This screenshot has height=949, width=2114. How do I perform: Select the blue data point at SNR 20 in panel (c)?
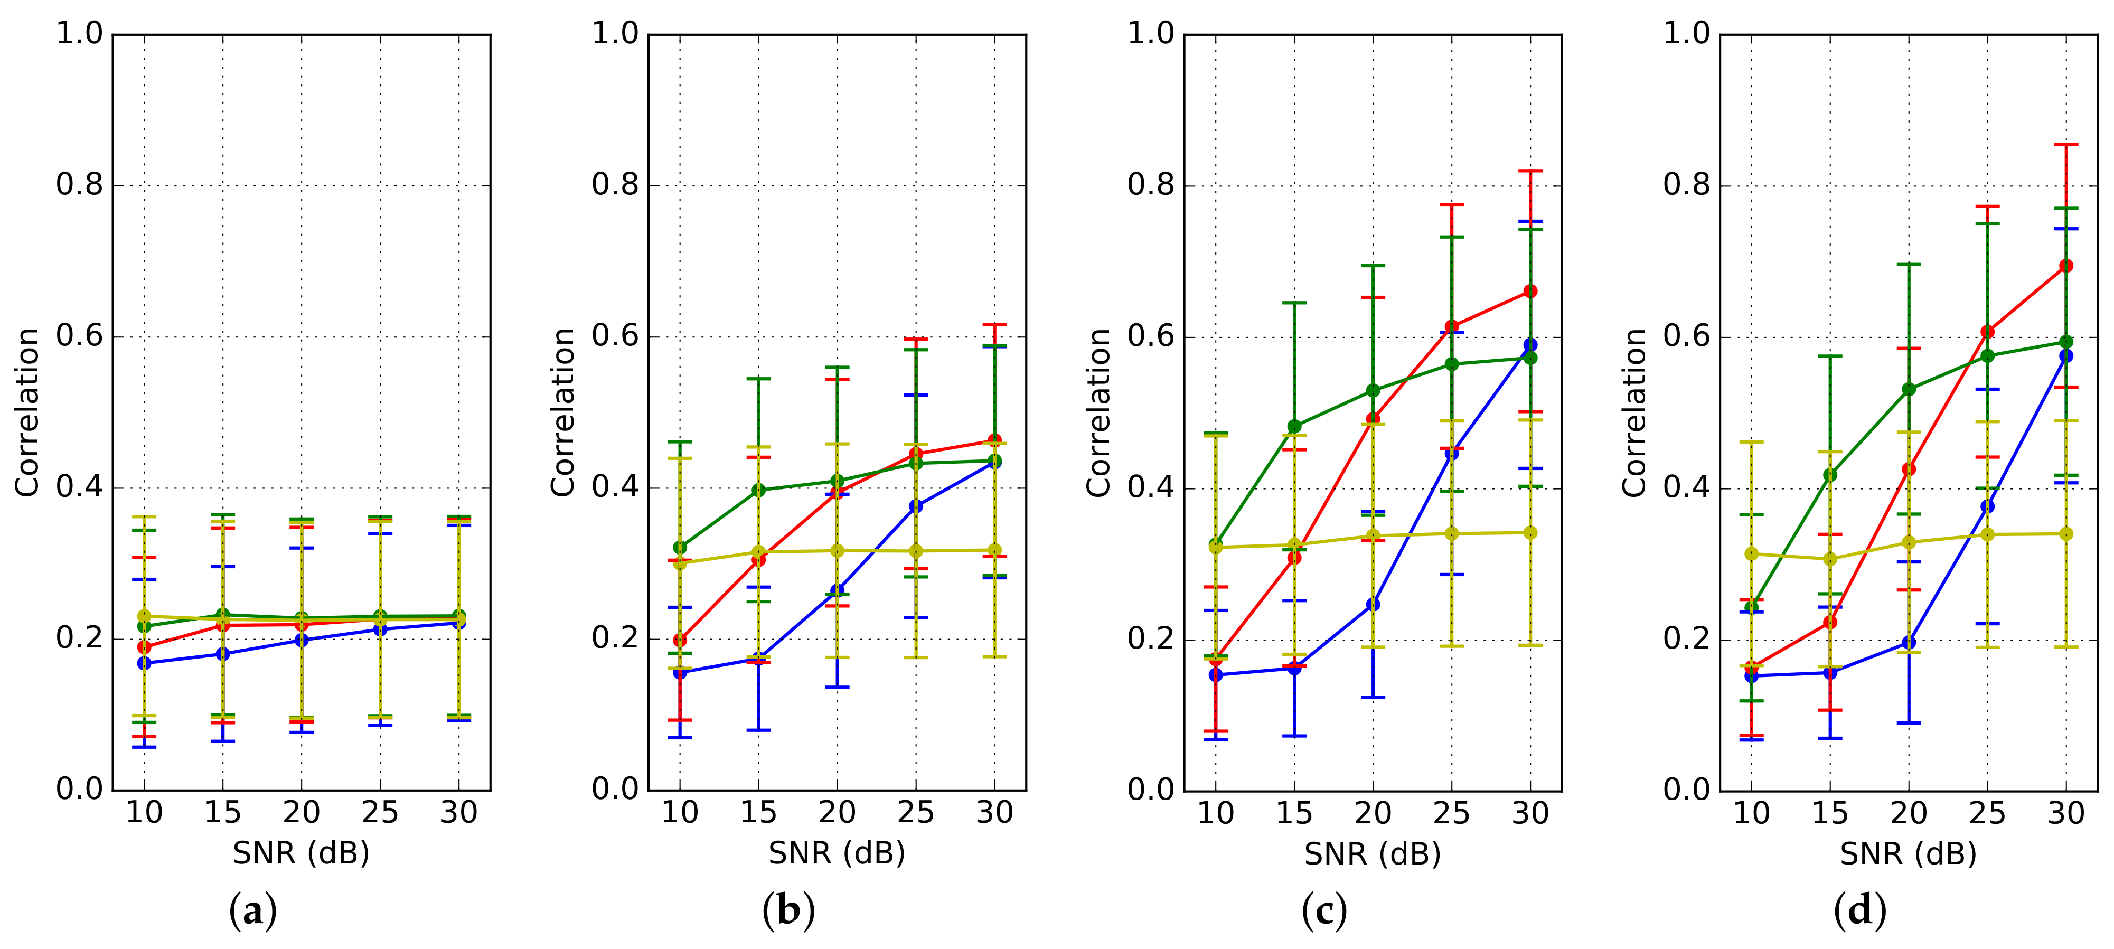1373,604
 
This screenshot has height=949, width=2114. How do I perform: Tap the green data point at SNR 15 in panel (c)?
1294,427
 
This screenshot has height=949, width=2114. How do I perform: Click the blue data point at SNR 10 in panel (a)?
144,663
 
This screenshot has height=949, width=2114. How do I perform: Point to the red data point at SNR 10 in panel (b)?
680,640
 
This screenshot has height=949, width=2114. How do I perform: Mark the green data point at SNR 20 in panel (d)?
1909,389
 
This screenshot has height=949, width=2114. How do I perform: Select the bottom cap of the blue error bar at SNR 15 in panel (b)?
758,730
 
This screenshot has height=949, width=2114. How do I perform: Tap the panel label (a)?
253,911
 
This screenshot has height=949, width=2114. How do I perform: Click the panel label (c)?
1324,911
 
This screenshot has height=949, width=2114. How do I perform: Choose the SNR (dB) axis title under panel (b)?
836,854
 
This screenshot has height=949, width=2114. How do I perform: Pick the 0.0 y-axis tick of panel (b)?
615,789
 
